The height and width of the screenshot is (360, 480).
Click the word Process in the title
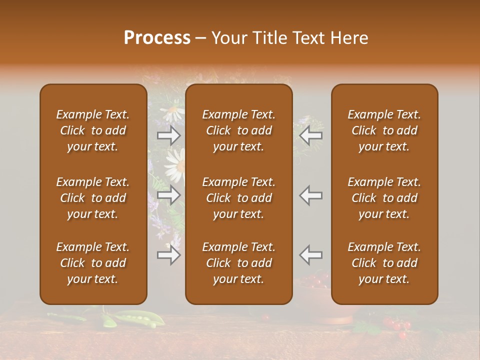point(157,38)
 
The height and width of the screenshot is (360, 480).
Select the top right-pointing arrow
point(169,135)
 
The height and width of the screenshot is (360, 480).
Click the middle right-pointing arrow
point(169,195)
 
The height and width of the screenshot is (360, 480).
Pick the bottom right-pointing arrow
point(169,255)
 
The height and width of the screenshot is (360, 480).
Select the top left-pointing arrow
point(311,135)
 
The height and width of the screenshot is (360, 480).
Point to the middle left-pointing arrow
point(311,195)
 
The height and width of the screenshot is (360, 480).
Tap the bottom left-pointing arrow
point(311,255)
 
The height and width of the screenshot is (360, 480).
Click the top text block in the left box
point(93,130)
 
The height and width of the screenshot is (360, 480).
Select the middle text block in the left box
point(93,198)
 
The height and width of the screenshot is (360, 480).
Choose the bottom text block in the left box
point(93,263)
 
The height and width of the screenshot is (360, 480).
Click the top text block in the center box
point(239,130)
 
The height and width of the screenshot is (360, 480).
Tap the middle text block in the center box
point(239,198)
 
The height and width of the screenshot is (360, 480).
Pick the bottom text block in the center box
point(239,263)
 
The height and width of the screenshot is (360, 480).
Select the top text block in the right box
point(384,130)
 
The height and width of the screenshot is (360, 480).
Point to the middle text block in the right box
point(384,198)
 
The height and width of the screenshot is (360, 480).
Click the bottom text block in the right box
point(384,263)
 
